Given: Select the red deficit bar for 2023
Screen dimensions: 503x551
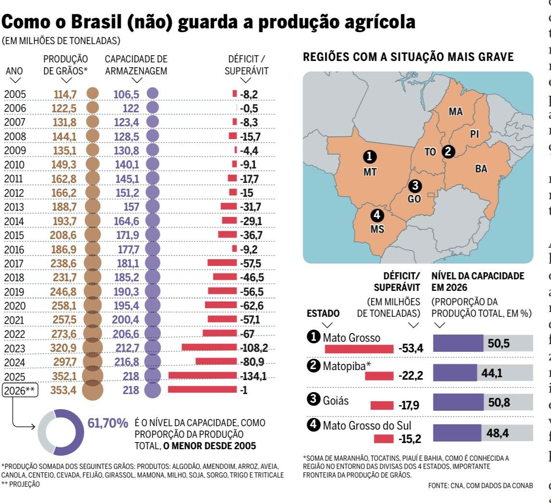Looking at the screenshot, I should (x=209, y=347).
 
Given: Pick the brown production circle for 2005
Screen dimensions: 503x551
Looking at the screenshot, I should (x=93, y=94).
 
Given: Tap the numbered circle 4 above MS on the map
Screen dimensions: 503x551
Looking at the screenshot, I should (x=377, y=216).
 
